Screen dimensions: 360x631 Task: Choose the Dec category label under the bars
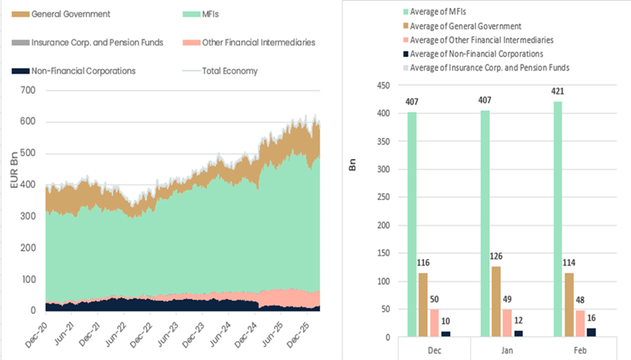[x=433, y=351]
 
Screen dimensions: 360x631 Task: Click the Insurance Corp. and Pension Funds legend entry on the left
[x=96, y=42]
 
